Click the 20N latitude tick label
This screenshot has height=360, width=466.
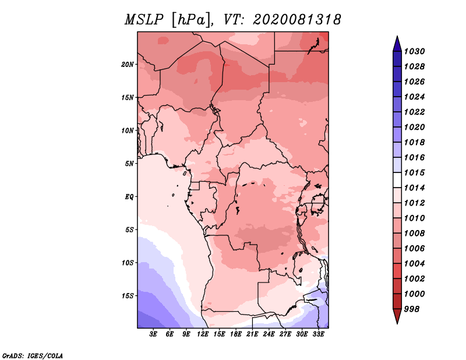(x=128, y=65)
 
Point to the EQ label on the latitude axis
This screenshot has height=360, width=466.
(x=129, y=197)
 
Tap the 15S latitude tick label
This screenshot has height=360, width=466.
(x=128, y=296)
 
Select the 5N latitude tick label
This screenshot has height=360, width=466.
(x=129, y=164)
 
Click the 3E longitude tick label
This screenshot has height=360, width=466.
(x=153, y=334)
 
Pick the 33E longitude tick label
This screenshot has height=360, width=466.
(x=318, y=334)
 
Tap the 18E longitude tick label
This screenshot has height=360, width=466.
(x=236, y=334)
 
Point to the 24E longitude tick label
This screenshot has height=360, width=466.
(x=269, y=334)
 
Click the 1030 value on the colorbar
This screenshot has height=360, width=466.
(x=414, y=51)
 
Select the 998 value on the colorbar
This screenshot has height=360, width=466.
(x=412, y=309)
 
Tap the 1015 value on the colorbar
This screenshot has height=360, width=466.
(x=414, y=172)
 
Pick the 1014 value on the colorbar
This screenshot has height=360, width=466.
(x=414, y=188)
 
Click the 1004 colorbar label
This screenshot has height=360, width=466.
(x=414, y=264)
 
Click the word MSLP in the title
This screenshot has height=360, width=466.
(x=144, y=20)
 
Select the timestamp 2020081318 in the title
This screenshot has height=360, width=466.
(x=297, y=20)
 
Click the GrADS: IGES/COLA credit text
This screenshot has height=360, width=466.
(x=33, y=356)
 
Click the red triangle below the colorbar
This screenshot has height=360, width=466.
(x=397, y=316)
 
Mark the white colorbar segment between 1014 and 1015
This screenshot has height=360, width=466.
(x=397, y=180)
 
